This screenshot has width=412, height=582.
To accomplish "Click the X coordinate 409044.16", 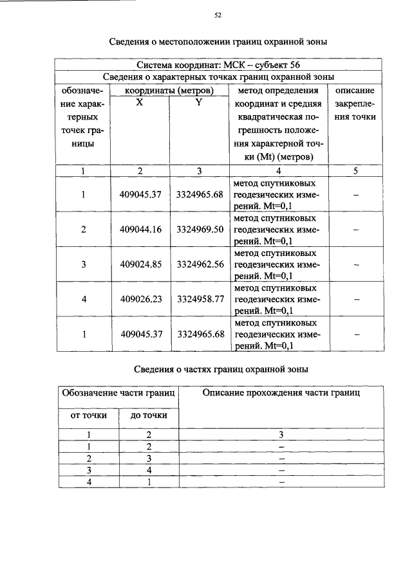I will pos(140,230).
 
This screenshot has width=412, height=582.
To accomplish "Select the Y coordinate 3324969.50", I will pos(200,230).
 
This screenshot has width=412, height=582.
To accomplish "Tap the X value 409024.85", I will pos(140,264).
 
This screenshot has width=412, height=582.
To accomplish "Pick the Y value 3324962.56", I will pos(200,264).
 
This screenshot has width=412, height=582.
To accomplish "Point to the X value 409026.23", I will pos(140,299).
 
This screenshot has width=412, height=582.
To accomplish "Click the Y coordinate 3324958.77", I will pos(200,299).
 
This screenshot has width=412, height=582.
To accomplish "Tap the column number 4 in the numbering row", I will pos(278,171).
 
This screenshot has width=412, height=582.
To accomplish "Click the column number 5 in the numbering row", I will pos(355,171).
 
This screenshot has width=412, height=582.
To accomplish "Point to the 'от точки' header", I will pos(88,415).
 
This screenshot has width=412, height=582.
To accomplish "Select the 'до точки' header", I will pos(149,415).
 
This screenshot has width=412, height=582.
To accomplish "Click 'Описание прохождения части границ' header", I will pos(281,392).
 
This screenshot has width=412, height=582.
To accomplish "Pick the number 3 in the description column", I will pos(281,435).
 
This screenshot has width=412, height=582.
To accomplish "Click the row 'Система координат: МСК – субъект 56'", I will pos(218,65).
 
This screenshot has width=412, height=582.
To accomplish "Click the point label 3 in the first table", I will pos(84,264).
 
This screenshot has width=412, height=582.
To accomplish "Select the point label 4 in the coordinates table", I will pos(84,299).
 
